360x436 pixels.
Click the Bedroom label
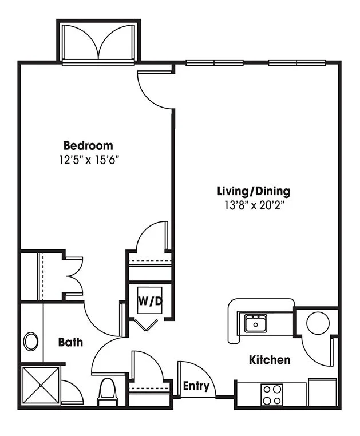88,146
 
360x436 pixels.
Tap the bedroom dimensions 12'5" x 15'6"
89,160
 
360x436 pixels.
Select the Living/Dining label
254,191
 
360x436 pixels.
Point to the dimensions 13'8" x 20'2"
254,205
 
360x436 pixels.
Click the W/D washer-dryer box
150,300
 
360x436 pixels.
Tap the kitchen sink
255,323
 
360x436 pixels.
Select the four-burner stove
272,395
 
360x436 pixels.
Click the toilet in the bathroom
108,393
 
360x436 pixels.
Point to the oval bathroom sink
31,342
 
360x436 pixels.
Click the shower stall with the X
41,386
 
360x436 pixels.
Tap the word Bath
70,342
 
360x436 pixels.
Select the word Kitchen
270,360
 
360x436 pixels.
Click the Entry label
196,386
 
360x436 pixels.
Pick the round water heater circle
318,323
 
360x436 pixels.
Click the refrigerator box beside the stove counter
322,393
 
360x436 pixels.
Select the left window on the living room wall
215,62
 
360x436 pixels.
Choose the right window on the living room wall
297,62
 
